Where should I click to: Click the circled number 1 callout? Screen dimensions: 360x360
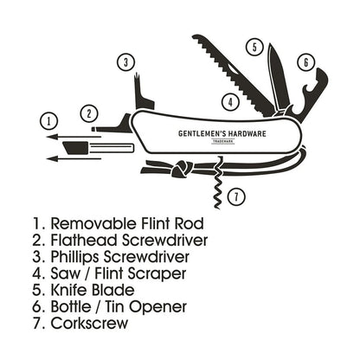pyautogui.click(x=49, y=120)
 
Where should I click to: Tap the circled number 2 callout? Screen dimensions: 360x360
pyautogui.click(x=87, y=112)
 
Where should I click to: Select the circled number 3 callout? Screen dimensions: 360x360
pyautogui.click(x=127, y=61)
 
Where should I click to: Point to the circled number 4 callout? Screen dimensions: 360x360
pyautogui.click(x=229, y=100)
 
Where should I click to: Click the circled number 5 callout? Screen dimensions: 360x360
pyautogui.click(x=254, y=47)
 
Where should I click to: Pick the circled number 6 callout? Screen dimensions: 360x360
pyautogui.click(x=305, y=62)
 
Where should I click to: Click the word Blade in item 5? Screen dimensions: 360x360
pyautogui.click(x=112, y=290)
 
